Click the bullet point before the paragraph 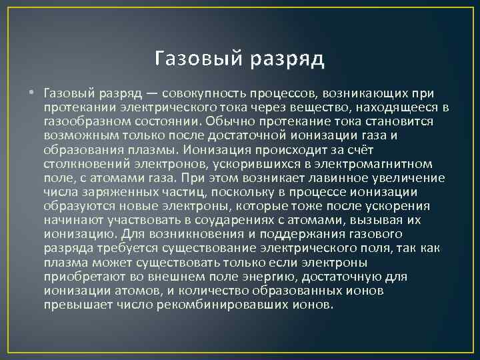pyautogui.click(x=33, y=91)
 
